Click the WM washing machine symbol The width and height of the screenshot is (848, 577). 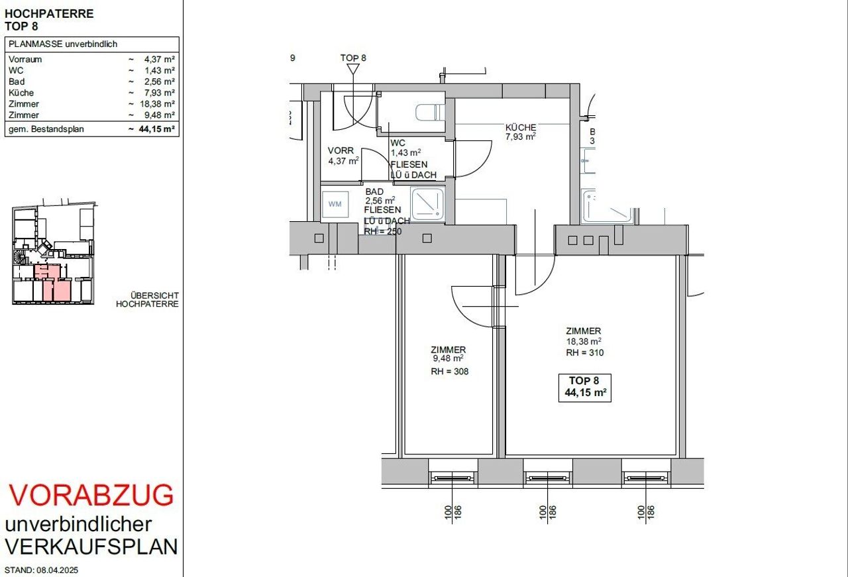[335, 205]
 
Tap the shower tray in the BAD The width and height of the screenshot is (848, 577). [427, 204]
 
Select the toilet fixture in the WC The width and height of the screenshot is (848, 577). [429, 113]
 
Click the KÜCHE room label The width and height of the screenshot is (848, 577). [521, 128]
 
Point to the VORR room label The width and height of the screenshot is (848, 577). [341, 150]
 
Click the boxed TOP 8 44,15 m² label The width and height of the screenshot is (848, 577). [584, 388]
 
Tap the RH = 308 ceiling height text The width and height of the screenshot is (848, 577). [449, 372]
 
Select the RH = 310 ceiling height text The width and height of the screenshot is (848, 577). [584, 353]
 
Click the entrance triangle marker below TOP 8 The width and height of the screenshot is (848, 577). [353, 69]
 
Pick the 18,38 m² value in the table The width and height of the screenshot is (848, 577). [157, 104]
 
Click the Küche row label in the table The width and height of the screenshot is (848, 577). [21, 93]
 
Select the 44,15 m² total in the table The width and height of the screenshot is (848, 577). [156, 129]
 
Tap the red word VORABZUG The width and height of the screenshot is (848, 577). [91, 496]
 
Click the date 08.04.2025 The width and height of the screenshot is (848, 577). [57, 570]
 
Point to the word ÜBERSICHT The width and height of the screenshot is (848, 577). [154, 295]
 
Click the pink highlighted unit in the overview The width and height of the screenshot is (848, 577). [53, 283]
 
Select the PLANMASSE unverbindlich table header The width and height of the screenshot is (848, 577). [63, 44]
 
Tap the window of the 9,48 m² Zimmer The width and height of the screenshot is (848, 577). [452, 478]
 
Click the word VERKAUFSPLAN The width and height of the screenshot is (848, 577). [91, 547]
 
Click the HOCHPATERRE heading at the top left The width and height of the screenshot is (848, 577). [49, 14]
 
